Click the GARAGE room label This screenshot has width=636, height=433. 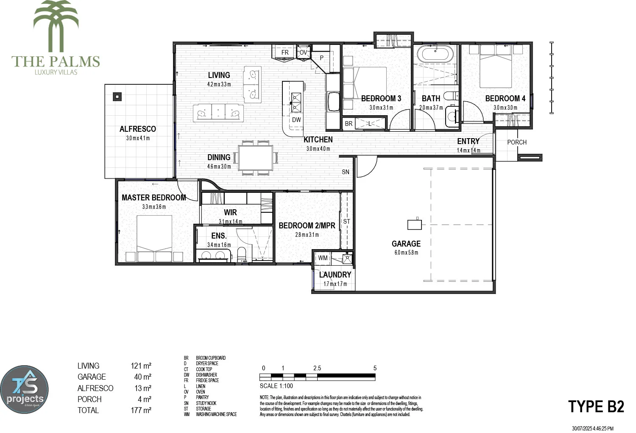[406, 244]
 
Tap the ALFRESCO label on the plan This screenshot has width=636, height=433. [137, 129]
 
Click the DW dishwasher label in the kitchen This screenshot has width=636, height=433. [296, 120]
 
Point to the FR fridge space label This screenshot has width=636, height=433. [285, 53]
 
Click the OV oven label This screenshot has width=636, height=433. [303, 53]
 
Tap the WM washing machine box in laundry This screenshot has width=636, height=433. [323, 258]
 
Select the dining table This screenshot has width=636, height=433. [255, 158]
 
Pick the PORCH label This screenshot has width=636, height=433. [517, 142]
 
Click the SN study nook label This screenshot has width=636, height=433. [346, 172]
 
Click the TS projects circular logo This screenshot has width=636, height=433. [25, 390]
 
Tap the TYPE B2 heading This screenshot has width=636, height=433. [596, 406]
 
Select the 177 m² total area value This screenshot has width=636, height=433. [141, 410]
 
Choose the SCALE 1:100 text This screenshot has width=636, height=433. [276, 386]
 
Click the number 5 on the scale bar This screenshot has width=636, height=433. [375, 368]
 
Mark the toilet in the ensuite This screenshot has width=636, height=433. [242, 254]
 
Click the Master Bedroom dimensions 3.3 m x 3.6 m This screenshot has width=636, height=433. [154, 207]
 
